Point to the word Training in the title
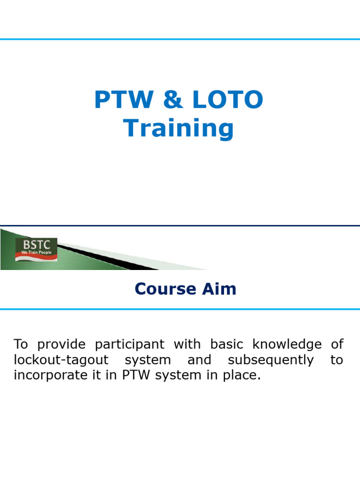[179, 128]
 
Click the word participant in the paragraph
[130, 345]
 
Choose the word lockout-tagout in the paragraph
[53, 360]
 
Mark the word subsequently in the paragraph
[270, 360]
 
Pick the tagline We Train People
[36, 253]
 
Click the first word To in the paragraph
[21, 345]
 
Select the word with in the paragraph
[187, 345]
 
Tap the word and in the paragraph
[199, 360]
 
